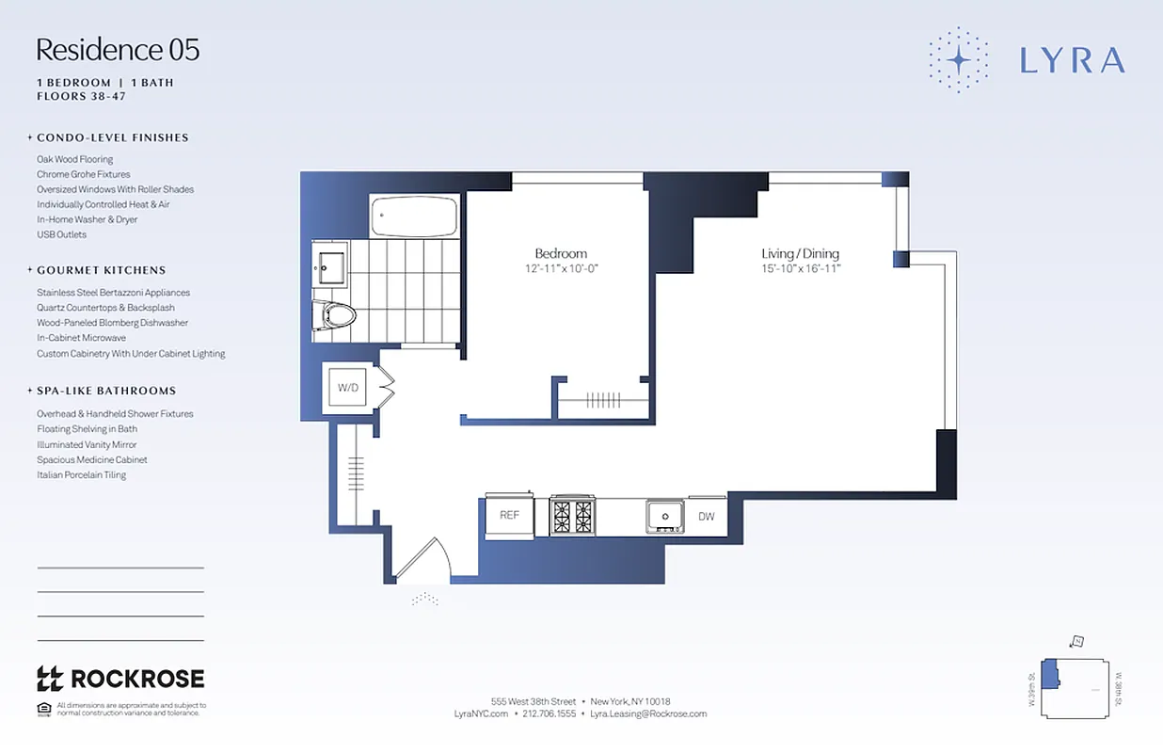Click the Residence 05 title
[x=118, y=50]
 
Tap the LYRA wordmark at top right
[x=1072, y=60]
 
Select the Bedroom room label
[x=561, y=253]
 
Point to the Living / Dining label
[x=800, y=253]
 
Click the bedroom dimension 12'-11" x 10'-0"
[x=561, y=268]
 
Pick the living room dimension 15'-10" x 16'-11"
[x=800, y=268]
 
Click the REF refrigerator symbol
[x=509, y=515]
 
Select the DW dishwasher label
[x=706, y=516]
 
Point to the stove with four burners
[x=572, y=516]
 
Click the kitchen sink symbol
[x=665, y=516]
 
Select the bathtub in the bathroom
[x=414, y=216]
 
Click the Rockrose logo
[x=119, y=679]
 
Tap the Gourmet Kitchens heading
[x=101, y=270]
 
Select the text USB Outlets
[x=61, y=234]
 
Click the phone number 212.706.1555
[x=549, y=714]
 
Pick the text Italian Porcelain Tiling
[x=81, y=475]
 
